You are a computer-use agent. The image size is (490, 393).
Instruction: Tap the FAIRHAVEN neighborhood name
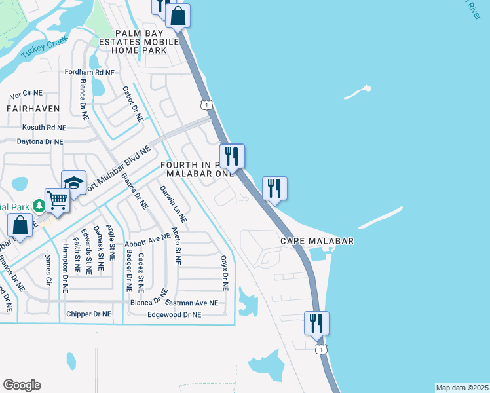click(33, 108)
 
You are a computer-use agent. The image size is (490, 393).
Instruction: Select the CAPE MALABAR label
click(317, 241)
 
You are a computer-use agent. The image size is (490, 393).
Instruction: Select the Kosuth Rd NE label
click(44, 128)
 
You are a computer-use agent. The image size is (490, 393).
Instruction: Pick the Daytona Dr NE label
click(40, 141)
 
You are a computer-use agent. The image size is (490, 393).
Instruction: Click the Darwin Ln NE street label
click(174, 203)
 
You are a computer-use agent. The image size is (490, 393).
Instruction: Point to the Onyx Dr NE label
click(224, 272)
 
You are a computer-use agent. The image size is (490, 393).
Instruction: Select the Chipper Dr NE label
click(89, 314)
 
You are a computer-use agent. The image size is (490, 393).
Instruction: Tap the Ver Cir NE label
click(26, 94)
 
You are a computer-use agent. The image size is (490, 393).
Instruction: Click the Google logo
click(22, 385)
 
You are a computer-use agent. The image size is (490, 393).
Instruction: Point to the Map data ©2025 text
click(462, 387)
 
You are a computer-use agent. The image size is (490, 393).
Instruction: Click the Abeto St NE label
click(176, 246)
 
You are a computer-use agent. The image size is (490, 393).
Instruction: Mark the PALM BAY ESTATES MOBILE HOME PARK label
click(147, 41)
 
